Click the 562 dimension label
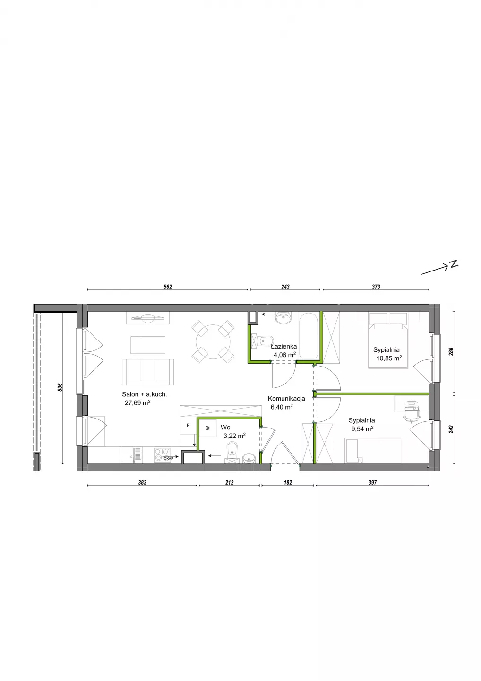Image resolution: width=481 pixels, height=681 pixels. (168, 287)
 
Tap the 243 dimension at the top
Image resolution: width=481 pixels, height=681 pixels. (285, 287)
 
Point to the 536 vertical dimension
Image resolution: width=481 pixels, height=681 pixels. (60, 387)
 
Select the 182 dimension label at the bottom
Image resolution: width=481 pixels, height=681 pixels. (288, 482)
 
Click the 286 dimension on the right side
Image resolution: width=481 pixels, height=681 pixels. (451, 351)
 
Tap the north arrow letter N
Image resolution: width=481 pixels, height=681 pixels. (454, 264)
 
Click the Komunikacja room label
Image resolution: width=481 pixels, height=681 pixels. (286, 398)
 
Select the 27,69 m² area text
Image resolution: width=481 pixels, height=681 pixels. (137, 403)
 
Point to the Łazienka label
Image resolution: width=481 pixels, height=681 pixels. (283, 346)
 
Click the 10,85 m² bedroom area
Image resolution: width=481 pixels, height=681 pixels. (389, 358)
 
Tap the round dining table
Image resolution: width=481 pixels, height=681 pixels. (213, 342)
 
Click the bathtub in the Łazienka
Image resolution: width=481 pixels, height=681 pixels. (308, 336)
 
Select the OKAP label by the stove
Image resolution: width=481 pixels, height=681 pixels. (169, 458)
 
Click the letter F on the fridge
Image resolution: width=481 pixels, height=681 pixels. (188, 425)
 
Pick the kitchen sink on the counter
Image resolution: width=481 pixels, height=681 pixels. (131, 455)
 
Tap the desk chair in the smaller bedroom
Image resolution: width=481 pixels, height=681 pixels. (411, 411)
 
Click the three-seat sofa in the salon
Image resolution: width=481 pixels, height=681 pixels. (148, 372)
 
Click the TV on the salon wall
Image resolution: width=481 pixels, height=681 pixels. (148, 318)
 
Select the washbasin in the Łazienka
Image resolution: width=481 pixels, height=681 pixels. (283, 318)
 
